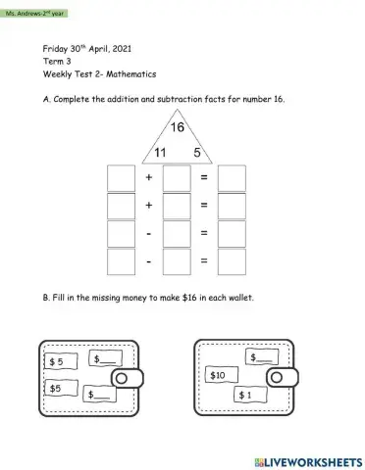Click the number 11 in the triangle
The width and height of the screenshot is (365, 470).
[158, 152]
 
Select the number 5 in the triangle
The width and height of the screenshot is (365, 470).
[196, 152]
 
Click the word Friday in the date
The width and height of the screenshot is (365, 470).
[56, 48]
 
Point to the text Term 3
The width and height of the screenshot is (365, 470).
[57, 61]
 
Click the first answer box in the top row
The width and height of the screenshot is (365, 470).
[119, 178]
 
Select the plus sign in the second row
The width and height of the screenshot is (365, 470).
[149, 206]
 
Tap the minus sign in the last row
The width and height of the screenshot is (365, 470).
[149, 261]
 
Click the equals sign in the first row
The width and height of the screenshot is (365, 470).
[204, 178]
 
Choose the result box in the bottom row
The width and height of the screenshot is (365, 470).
[232, 261]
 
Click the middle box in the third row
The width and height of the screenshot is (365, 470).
[176, 234]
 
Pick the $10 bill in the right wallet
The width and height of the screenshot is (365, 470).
[218, 375]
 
